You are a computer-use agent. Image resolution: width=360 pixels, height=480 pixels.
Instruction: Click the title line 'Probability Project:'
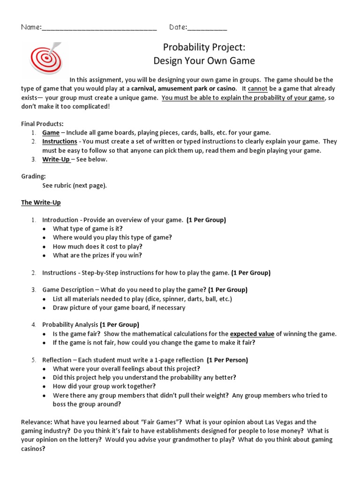204,47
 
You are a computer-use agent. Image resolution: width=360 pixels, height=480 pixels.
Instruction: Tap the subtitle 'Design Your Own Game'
204,61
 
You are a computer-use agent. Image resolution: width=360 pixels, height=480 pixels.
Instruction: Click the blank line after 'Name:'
99,28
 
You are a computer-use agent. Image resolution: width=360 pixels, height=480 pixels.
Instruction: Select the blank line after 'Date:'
207,28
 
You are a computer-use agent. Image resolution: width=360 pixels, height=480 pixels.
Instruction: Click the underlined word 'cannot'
258,89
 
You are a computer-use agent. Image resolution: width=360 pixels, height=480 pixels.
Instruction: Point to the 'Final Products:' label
42,124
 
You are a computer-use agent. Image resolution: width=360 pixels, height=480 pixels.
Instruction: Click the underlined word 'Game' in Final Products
51,133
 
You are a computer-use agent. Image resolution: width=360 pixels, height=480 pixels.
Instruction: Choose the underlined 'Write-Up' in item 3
56,159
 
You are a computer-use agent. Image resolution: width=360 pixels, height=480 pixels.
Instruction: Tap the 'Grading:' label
33,177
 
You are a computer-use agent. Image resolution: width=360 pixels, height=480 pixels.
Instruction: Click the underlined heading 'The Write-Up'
41,202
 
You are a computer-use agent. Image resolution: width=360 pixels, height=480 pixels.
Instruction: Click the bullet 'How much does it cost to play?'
97,247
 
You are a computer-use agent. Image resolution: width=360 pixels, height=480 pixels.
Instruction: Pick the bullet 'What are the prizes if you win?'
97,255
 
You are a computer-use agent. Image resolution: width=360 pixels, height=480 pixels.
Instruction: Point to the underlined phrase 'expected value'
252,334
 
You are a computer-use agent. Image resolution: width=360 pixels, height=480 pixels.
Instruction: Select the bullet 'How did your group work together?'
104,386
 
